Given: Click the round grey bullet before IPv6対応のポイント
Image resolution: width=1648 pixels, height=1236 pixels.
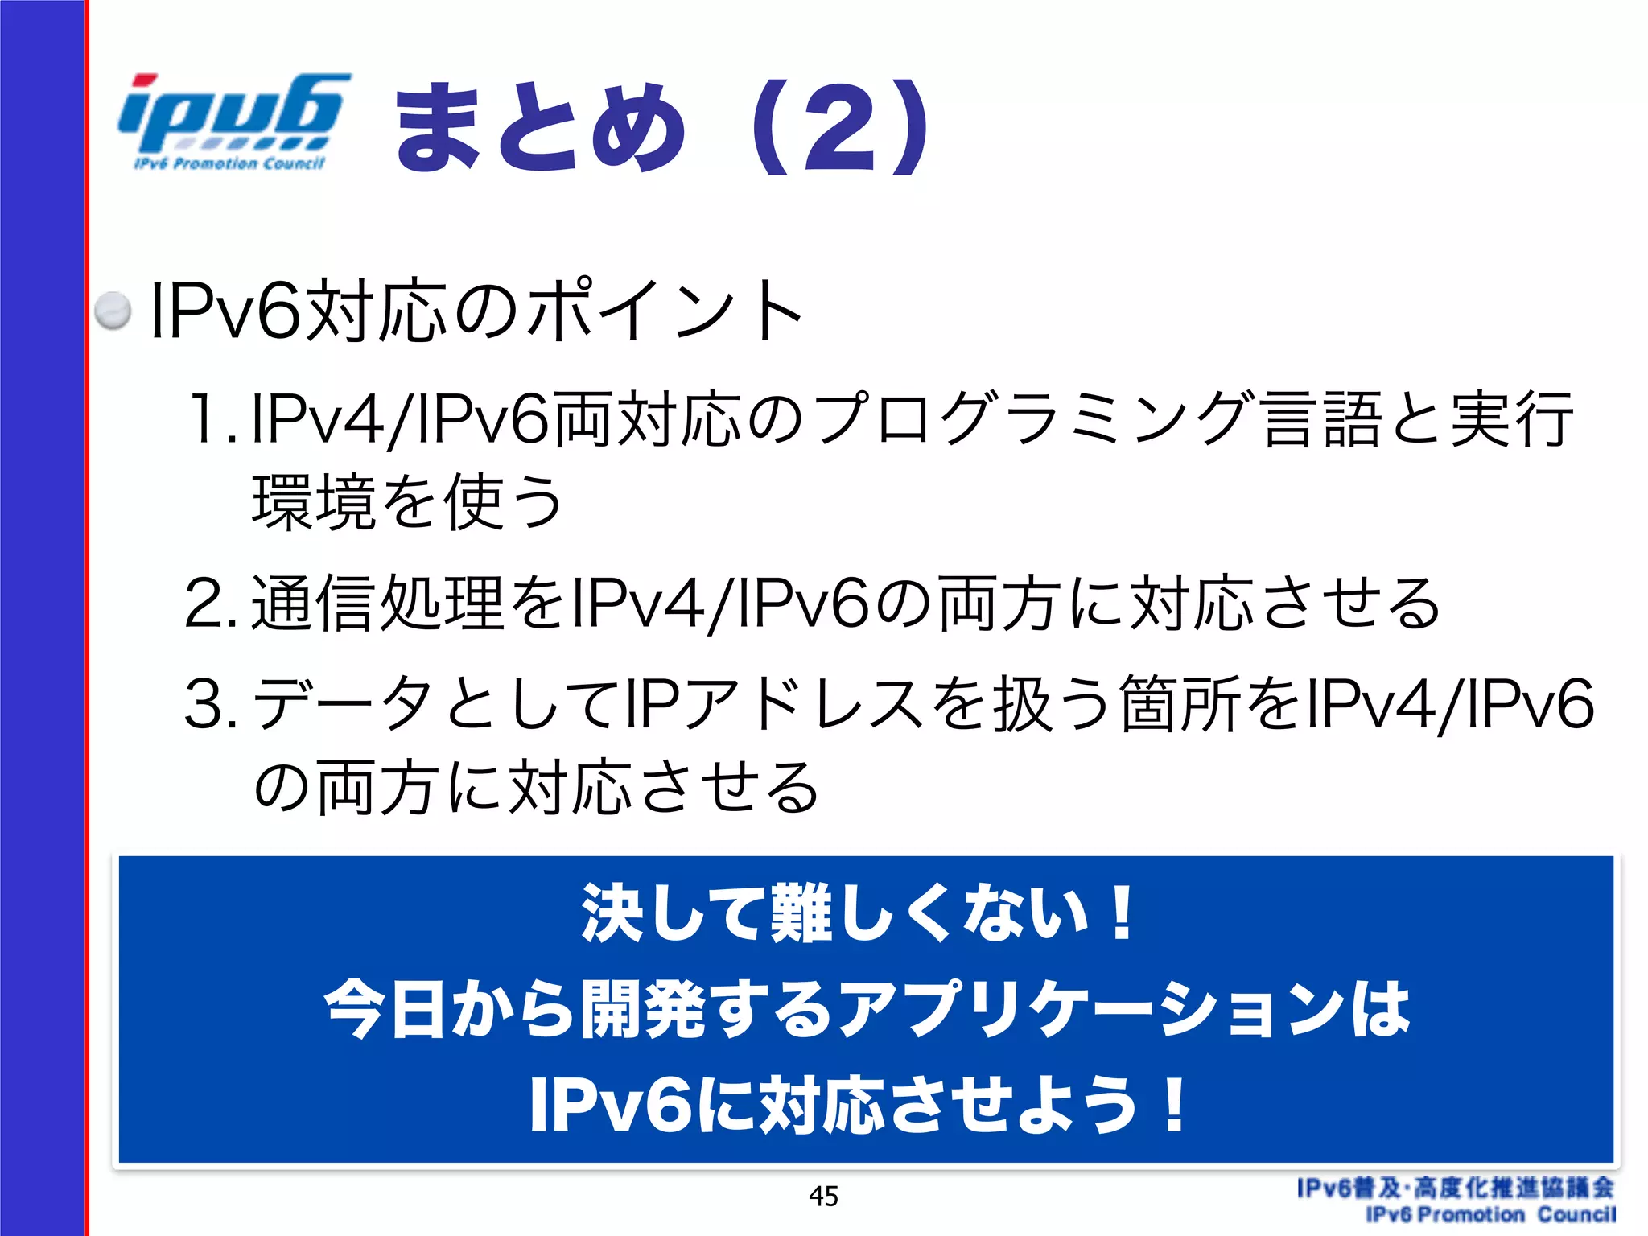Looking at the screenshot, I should pos(112,311).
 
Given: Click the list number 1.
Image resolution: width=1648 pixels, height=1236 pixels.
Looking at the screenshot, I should pos(206,418).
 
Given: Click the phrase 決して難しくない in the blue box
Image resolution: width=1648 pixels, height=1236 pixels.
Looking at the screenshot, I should pos(837,913).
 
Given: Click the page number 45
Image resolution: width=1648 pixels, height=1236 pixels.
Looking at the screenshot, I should pos(823,1197).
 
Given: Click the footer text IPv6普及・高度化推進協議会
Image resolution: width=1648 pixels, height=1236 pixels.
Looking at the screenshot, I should pos(1455,1188).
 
